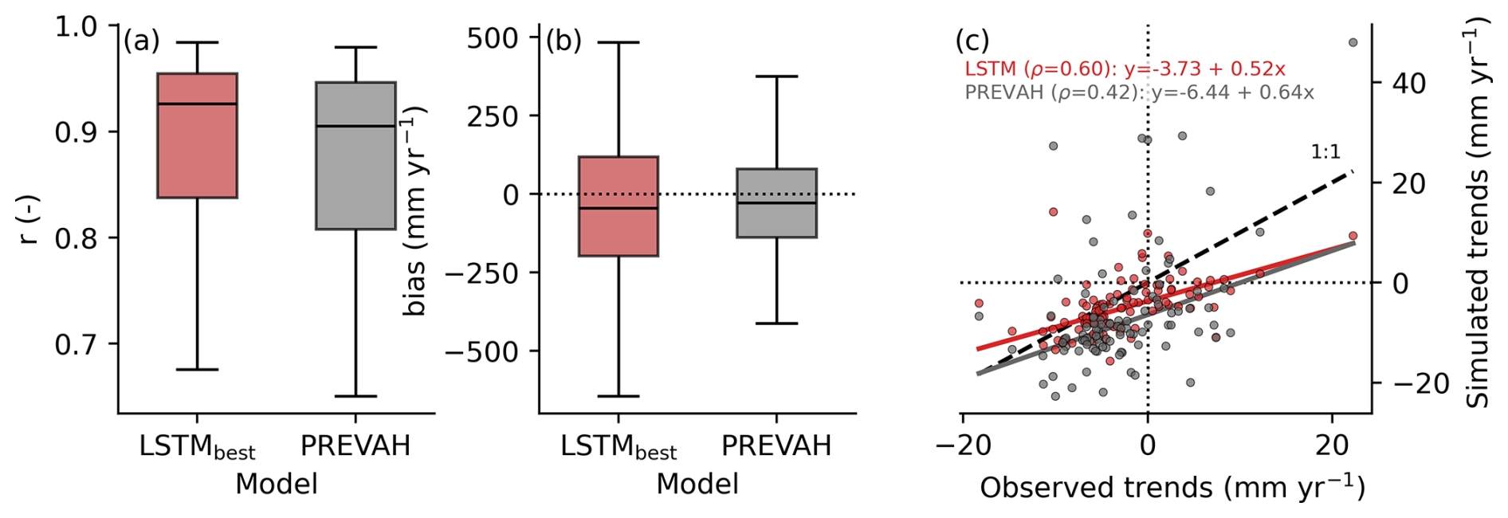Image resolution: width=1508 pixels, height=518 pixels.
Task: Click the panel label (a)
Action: click(141, 41)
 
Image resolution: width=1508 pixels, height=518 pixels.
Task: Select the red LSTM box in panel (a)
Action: click(197, 135)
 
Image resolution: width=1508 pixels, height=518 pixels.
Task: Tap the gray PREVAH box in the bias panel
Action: click(776, 202)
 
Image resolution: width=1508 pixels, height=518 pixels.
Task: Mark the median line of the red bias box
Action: click(618, 208)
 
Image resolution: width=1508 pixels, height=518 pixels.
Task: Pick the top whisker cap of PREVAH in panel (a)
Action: click(355, 48)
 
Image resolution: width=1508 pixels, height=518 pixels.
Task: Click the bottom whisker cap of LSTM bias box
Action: click(618, 396)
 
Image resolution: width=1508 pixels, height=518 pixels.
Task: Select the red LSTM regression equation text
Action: click(1125, 69)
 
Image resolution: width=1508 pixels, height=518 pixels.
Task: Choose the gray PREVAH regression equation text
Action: click(1139, 92)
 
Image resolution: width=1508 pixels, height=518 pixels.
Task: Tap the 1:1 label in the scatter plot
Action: click(1325, 151)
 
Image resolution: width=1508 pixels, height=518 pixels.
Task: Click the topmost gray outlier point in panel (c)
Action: click(1353, 42)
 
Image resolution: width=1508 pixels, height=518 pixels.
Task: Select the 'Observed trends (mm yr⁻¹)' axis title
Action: click(1172, 488)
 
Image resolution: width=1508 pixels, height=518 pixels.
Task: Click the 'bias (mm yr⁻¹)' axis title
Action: click(414, 211)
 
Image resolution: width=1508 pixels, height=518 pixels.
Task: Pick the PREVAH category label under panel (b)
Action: click(776, 445)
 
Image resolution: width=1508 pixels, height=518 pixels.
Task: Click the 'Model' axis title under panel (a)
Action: click(276, 484)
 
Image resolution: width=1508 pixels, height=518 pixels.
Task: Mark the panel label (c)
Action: click(972, 41)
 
